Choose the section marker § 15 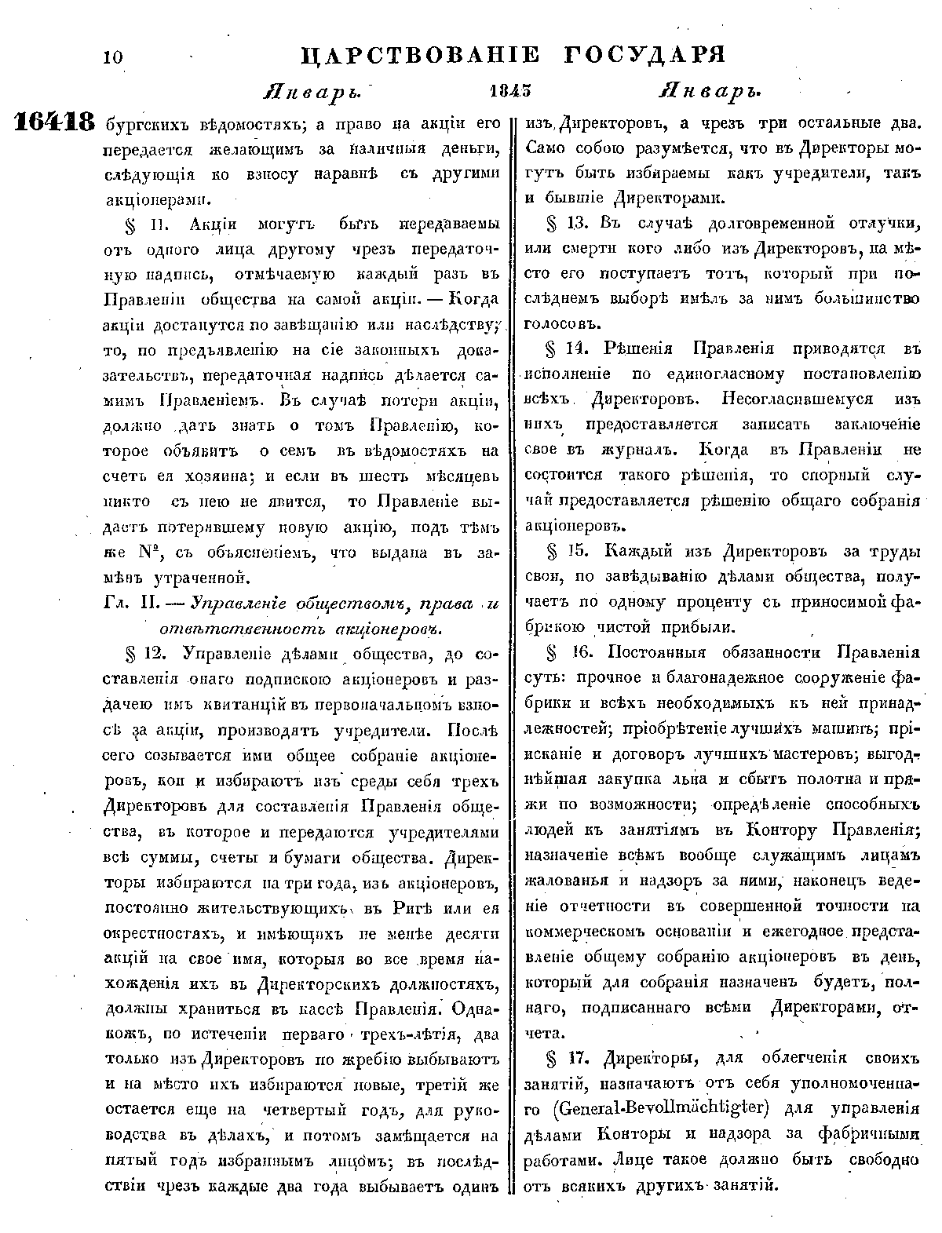pos(563,552)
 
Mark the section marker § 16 pos(563,653)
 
